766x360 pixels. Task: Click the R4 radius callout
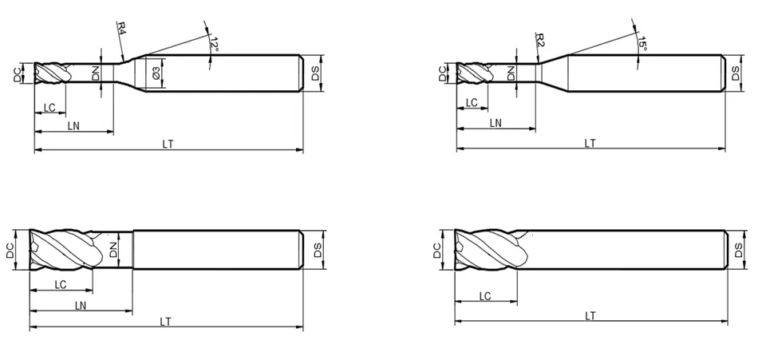point(121,27)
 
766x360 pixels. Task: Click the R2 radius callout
point(540,40)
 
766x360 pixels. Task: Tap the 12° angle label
point(214,44)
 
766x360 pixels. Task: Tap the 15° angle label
point(642,44)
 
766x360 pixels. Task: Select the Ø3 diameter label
point(156,73)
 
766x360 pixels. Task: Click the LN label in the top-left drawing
point(73,126)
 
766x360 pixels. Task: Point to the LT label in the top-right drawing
point(590,143)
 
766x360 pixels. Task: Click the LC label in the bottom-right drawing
point(484,296)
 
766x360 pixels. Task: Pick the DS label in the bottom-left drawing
point(318,251)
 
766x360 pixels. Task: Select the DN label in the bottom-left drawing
point(113,250)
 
